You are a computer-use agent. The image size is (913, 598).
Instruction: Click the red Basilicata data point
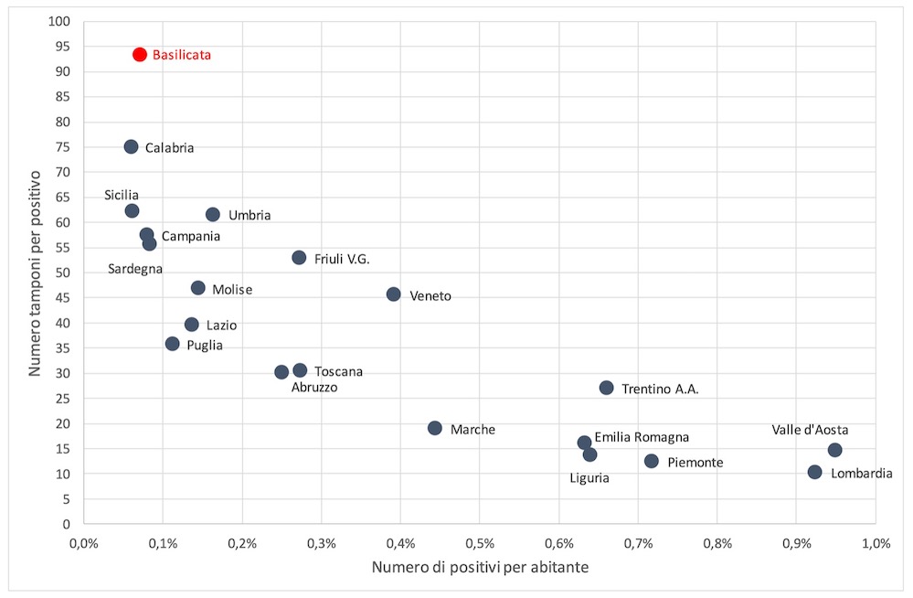(x=140, y=55)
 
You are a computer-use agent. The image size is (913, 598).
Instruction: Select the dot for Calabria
(x=132, y=147)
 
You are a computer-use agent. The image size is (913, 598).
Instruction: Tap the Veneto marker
(x=394, y=294)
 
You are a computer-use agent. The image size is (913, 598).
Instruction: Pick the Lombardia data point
(x=815, y=473)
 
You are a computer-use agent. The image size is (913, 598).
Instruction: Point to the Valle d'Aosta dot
(x=835, y=450)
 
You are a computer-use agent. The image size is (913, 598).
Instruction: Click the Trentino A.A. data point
(x=607, y=388)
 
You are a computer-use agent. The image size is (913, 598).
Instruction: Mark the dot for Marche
(x=435, y=428)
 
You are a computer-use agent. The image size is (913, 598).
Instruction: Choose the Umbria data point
(x=213, y=215)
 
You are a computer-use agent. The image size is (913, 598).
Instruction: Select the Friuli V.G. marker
(x=299, y=258)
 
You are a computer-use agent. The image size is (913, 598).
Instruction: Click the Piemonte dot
(x=652, y=461)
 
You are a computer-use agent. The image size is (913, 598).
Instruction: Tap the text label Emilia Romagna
(x=642, y=438)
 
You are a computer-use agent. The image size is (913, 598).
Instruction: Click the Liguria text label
(x=589, y=477)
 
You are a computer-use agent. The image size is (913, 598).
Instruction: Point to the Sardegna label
(x=135, y=269)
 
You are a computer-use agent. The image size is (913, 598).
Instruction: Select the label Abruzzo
(x=314, y=388)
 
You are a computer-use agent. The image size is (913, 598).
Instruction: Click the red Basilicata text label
(x=182, y=55)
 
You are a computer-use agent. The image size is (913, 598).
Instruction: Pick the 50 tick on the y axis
(x=65, y=272)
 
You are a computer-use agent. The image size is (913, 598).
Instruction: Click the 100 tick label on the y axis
(x=61, y=21)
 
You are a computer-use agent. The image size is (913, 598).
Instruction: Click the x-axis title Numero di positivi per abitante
(x=480, y=568)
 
